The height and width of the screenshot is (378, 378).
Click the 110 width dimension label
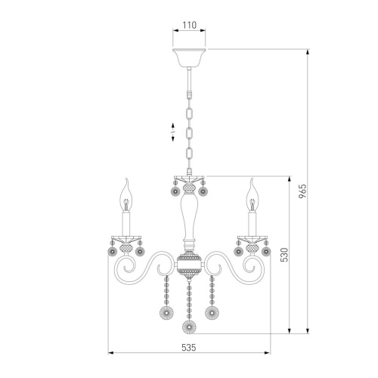189,25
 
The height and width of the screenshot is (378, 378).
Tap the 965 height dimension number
302,191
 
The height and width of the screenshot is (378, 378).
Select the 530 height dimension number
284,255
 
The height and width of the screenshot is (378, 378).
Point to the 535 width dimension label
189,348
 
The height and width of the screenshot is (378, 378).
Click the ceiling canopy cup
189,57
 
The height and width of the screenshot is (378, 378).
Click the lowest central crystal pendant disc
189,327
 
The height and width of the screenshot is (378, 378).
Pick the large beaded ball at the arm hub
189,265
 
